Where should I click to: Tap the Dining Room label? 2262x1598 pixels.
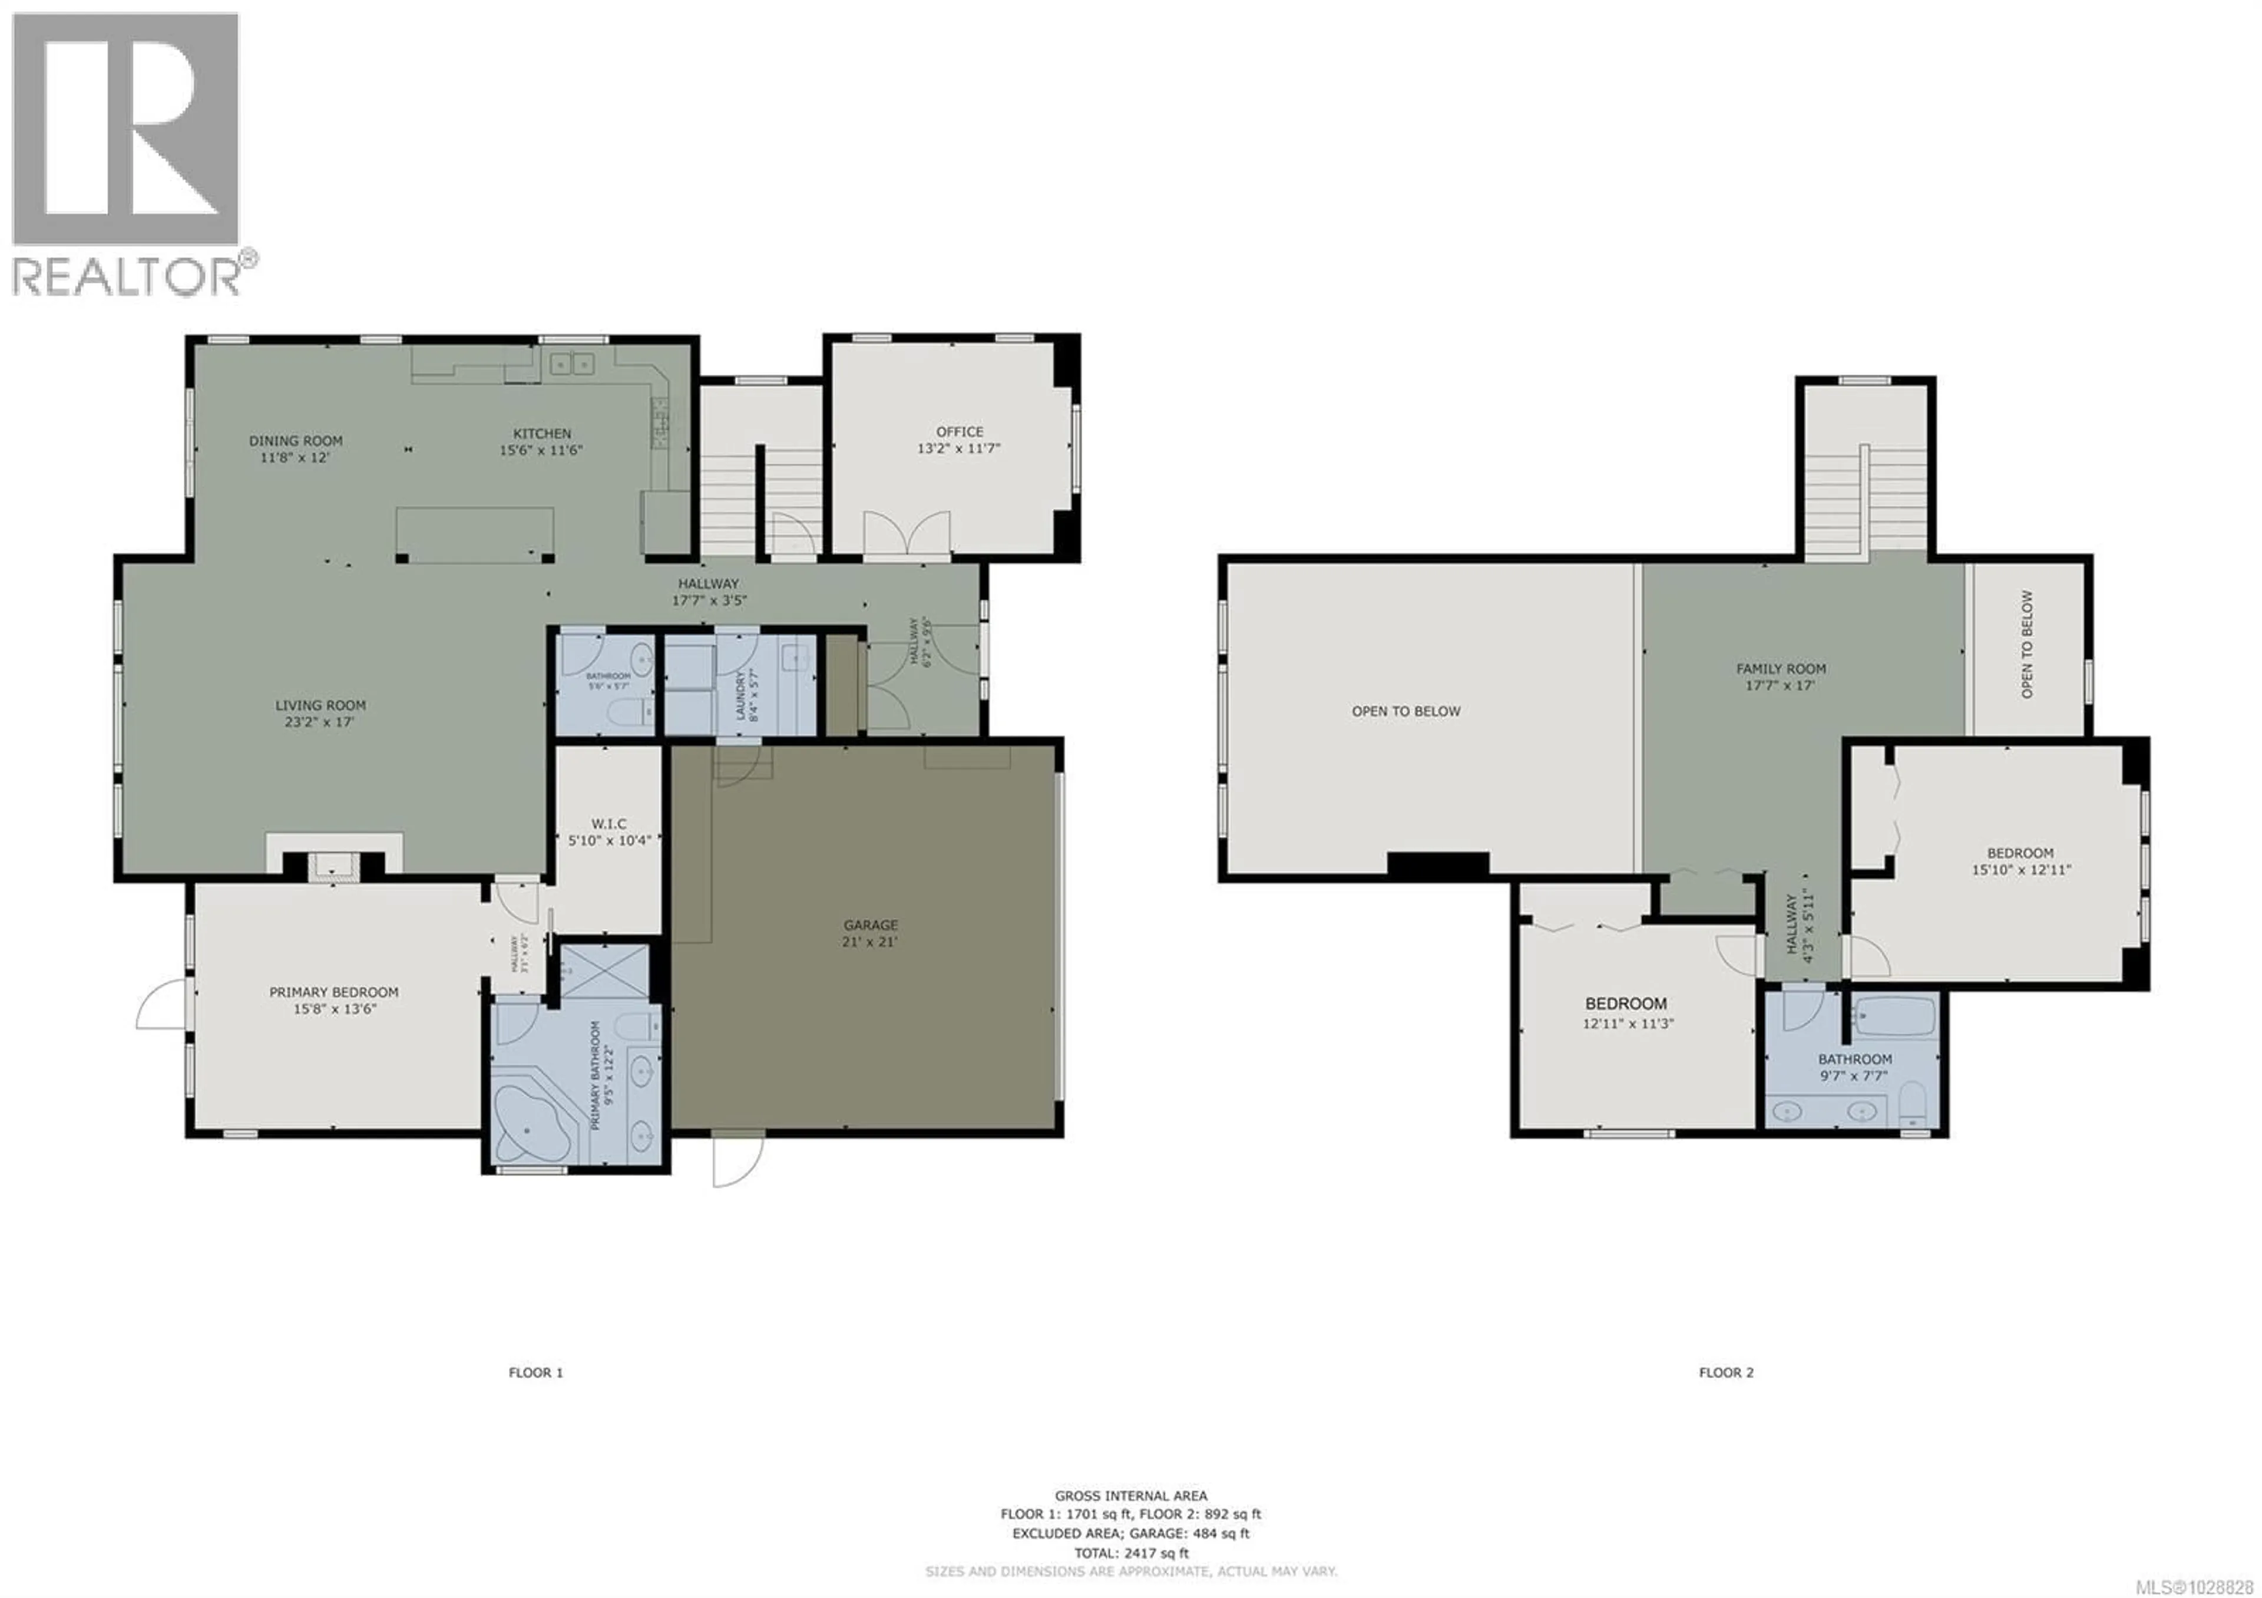tap(296, 441)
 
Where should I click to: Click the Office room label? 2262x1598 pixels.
tap(960, 431)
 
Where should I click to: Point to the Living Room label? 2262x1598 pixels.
tap(320, 705)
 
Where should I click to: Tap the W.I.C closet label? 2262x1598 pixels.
tap(609, 824)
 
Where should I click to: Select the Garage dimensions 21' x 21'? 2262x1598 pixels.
tap(870, 942)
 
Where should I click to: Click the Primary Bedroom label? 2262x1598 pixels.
tap(334, 992)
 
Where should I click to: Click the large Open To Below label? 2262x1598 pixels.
tap(1406, 711)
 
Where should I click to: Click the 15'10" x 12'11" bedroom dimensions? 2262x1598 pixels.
tap(2020, 870)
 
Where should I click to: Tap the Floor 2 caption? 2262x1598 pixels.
tap(1726, 1372)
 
